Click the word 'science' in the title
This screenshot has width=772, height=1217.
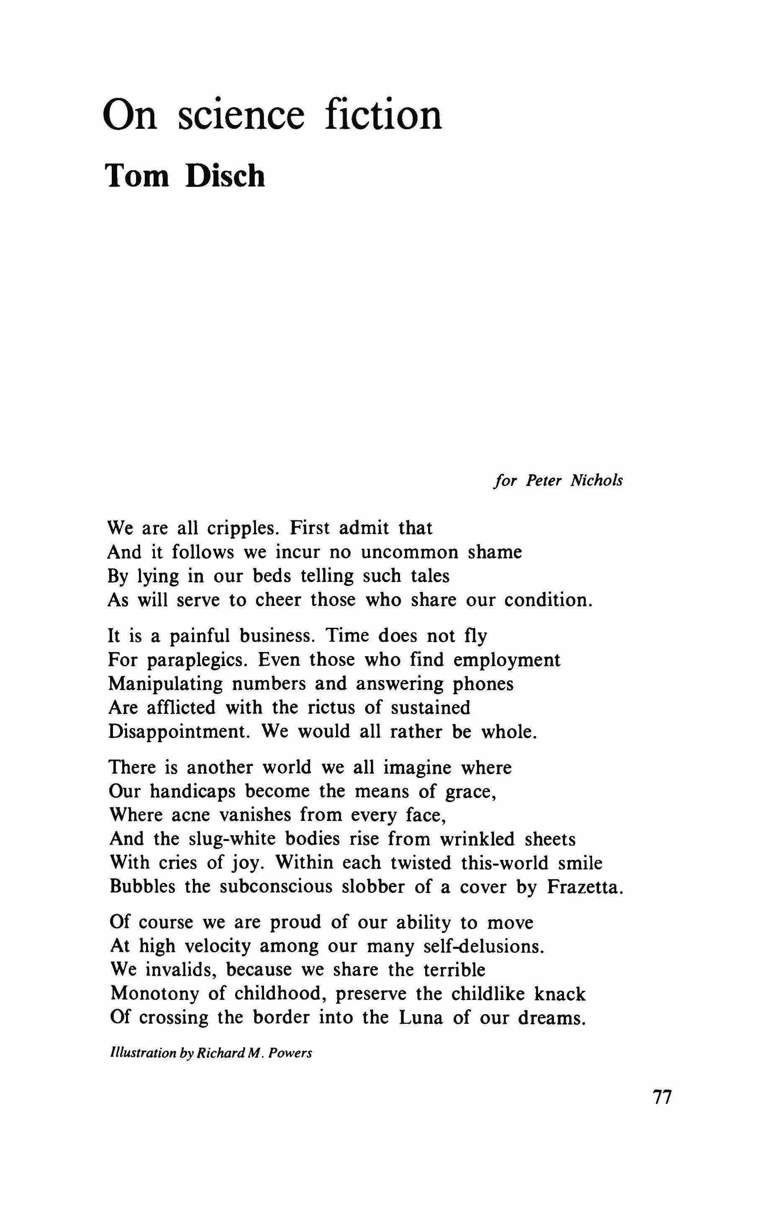click(241, 115)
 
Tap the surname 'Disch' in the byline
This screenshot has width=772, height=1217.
click(225, 176)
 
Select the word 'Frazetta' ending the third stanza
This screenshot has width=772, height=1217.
click(585, 887)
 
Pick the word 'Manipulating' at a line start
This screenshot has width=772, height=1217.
click(166, 684)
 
